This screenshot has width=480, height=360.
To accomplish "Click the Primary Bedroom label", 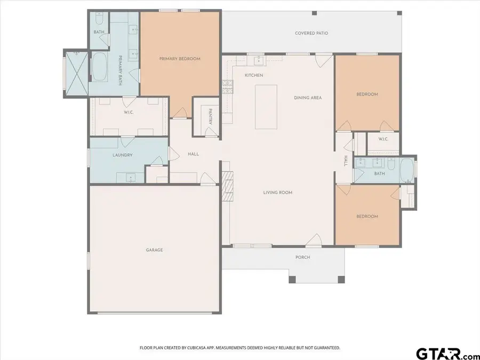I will click(180, 59).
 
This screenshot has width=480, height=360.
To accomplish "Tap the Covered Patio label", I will click(311, 33).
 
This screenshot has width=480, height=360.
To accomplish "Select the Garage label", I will click(154, 250).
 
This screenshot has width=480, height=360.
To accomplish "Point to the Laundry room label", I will click(122, 155).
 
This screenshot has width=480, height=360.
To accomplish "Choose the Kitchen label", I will click(254, 75).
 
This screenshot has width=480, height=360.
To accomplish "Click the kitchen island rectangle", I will click(266, 107).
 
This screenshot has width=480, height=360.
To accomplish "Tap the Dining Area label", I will click(308, 98).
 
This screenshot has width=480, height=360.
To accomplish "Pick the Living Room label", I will click(277, 193).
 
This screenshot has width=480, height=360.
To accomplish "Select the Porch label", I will click(302, 257).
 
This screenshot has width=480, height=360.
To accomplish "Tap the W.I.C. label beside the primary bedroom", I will click(129, 112).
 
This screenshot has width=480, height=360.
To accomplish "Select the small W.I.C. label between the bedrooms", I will click(382, 139).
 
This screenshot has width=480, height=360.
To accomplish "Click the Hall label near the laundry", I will click(193, 154).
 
